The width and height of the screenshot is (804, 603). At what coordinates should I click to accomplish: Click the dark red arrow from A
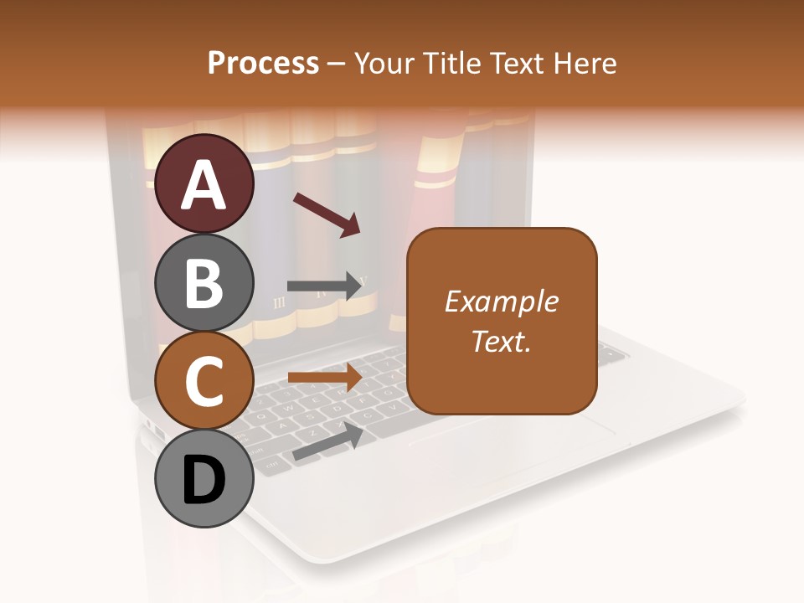(x=326, y=214)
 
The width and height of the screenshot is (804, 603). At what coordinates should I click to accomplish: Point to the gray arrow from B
(x=324, y=286)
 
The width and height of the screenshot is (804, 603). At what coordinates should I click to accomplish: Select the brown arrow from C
(x=324, y=378)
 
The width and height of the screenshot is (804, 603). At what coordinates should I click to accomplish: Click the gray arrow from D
(x=327, y=441)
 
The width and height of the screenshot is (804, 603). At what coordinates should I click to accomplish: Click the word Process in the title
(x=263, y=64)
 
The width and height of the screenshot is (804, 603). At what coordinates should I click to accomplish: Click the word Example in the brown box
(x=501, y=301)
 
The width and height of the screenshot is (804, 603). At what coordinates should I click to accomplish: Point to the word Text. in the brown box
(x=501, y=341)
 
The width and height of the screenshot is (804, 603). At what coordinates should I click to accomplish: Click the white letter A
(x=204, y=184)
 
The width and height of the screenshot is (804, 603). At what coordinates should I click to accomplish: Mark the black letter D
(x=204, y=482)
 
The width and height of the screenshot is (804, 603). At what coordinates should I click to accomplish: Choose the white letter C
(x=204, y=382)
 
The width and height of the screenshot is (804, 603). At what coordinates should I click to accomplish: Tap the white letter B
(x=204, y=282)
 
